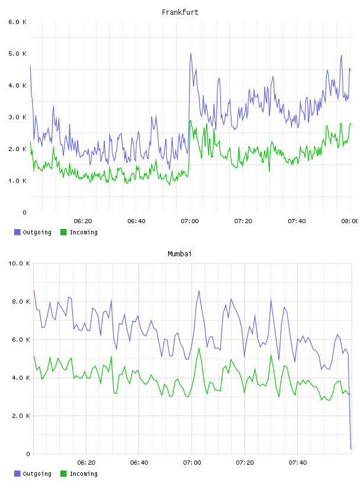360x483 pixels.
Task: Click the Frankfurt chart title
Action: (x=180, y=12)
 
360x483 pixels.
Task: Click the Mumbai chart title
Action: (x=179, y=254)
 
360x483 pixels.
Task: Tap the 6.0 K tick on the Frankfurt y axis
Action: (x=18, y=22)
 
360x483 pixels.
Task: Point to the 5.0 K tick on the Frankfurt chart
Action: (x=18, y=54)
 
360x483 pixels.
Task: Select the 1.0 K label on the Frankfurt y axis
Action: (x=18, y=181)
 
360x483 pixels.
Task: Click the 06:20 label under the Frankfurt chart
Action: (x=83, y=221)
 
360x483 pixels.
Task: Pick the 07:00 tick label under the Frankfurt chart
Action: (x=190, y=221)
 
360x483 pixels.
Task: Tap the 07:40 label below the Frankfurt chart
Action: (x=297, y=221)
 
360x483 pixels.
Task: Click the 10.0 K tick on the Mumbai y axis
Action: (x=19, y=263)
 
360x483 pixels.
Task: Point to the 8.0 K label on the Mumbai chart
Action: (x=21, y=301)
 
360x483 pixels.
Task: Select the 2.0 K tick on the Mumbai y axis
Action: (x=21, y=416)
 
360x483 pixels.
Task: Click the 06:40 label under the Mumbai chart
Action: (x=139, y=462)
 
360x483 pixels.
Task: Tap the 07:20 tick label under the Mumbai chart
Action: (x=245, y=462)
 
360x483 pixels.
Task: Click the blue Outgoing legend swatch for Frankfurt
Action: (x=17, y=232)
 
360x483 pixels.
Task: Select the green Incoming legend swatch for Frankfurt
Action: (x=63, y=232)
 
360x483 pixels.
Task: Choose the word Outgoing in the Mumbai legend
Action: (x=37, y=474)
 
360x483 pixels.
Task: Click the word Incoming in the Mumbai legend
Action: (x=83, y=474)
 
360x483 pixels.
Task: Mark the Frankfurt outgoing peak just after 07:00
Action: (x=191, y=54)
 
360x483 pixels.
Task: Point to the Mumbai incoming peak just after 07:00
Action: (x=199, y=349)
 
